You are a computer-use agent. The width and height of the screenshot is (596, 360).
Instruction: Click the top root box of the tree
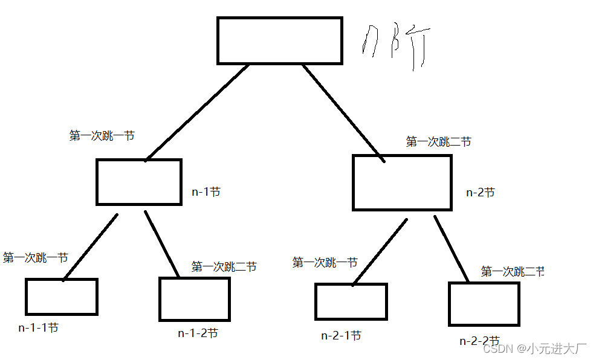coord(279,40)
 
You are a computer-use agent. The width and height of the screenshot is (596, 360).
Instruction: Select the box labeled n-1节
coord(139,182)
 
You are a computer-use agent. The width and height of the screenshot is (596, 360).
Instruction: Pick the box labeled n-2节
coord(402,182)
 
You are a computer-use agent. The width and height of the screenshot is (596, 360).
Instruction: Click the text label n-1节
coord(206,192)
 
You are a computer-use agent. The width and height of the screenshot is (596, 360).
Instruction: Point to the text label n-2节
coord(481,193)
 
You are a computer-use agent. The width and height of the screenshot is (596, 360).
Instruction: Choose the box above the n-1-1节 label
coord(62,297)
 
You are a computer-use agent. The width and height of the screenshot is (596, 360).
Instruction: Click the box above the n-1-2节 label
coord(194,299)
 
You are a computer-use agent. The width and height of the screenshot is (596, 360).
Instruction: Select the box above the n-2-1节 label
coord(351,301)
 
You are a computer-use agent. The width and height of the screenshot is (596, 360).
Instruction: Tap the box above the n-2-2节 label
coord(484,304)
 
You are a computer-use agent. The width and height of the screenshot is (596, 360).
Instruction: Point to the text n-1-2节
coord(198,333)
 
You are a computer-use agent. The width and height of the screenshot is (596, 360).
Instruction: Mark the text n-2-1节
coord(341,336)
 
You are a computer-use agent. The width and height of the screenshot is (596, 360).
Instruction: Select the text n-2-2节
coord(479,341)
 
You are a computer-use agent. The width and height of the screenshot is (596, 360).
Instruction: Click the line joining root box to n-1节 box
coord(196,112)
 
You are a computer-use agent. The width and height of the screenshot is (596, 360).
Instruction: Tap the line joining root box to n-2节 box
coord(343,112)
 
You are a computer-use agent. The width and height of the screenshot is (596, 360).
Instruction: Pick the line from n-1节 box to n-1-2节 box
coord(161,243)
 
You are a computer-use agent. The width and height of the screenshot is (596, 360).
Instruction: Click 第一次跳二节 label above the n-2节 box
coord(438,142)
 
